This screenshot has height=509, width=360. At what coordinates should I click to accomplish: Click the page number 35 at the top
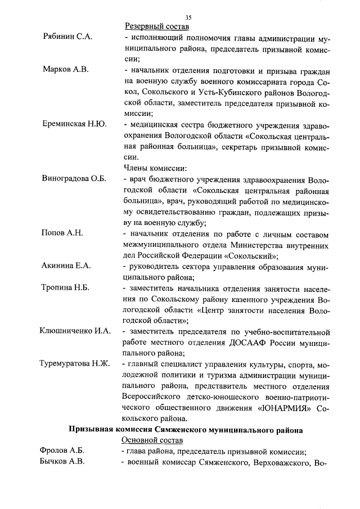(188, 17)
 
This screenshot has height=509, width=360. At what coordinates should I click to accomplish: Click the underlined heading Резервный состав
(156, 26)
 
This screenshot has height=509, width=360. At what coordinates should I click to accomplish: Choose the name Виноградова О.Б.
(74, 179)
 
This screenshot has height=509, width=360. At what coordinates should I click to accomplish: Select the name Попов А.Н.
(62, 233)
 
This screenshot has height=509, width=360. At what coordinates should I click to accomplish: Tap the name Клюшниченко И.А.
(75, 331)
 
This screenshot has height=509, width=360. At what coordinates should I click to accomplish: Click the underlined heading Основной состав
(155, 440)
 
